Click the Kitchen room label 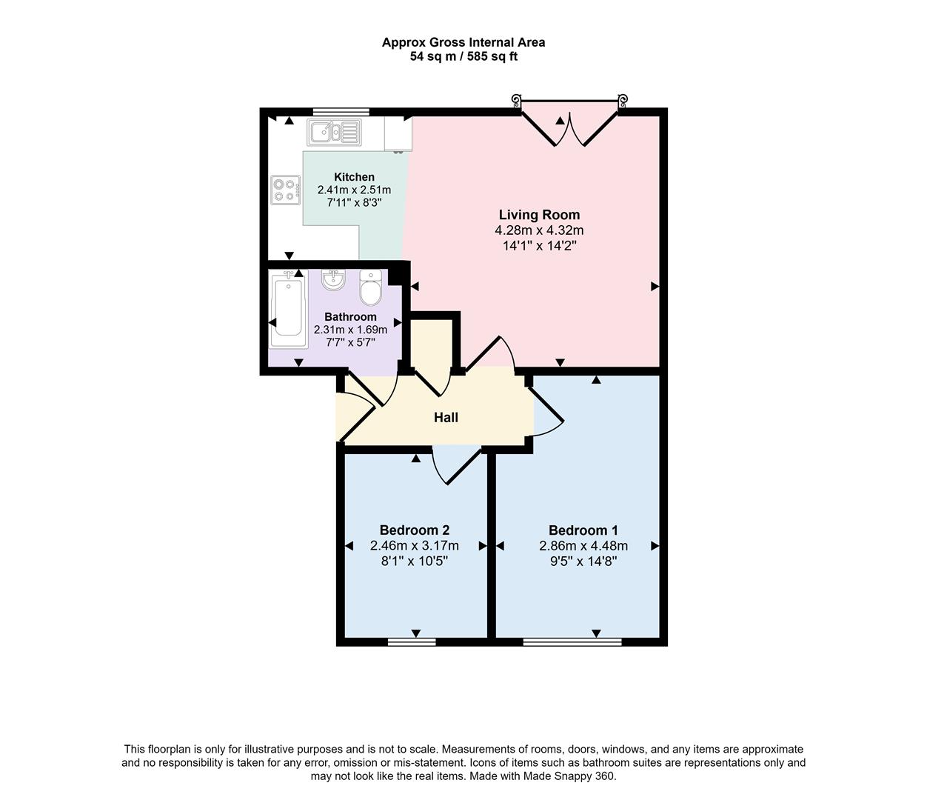(x=354, y=177)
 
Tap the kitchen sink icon (x=334, y=133)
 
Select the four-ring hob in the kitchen (x=285, y=189)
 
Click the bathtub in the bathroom (x=288, y=311)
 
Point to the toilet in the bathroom (x=370, y=287)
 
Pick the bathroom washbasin (x=334, y=279)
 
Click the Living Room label (x=539, y=215)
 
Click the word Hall (x=446, y=418)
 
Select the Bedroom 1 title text (x=583, y=530)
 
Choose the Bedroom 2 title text (x=414, y=530)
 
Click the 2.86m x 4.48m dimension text (x=583, y=546)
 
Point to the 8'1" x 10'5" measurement (x=414, y=561)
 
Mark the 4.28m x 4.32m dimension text (x=539, y=230)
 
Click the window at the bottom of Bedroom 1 (x=572, y=641)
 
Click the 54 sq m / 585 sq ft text (x=463, y=56)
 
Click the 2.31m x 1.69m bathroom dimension (x=350, y=330)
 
